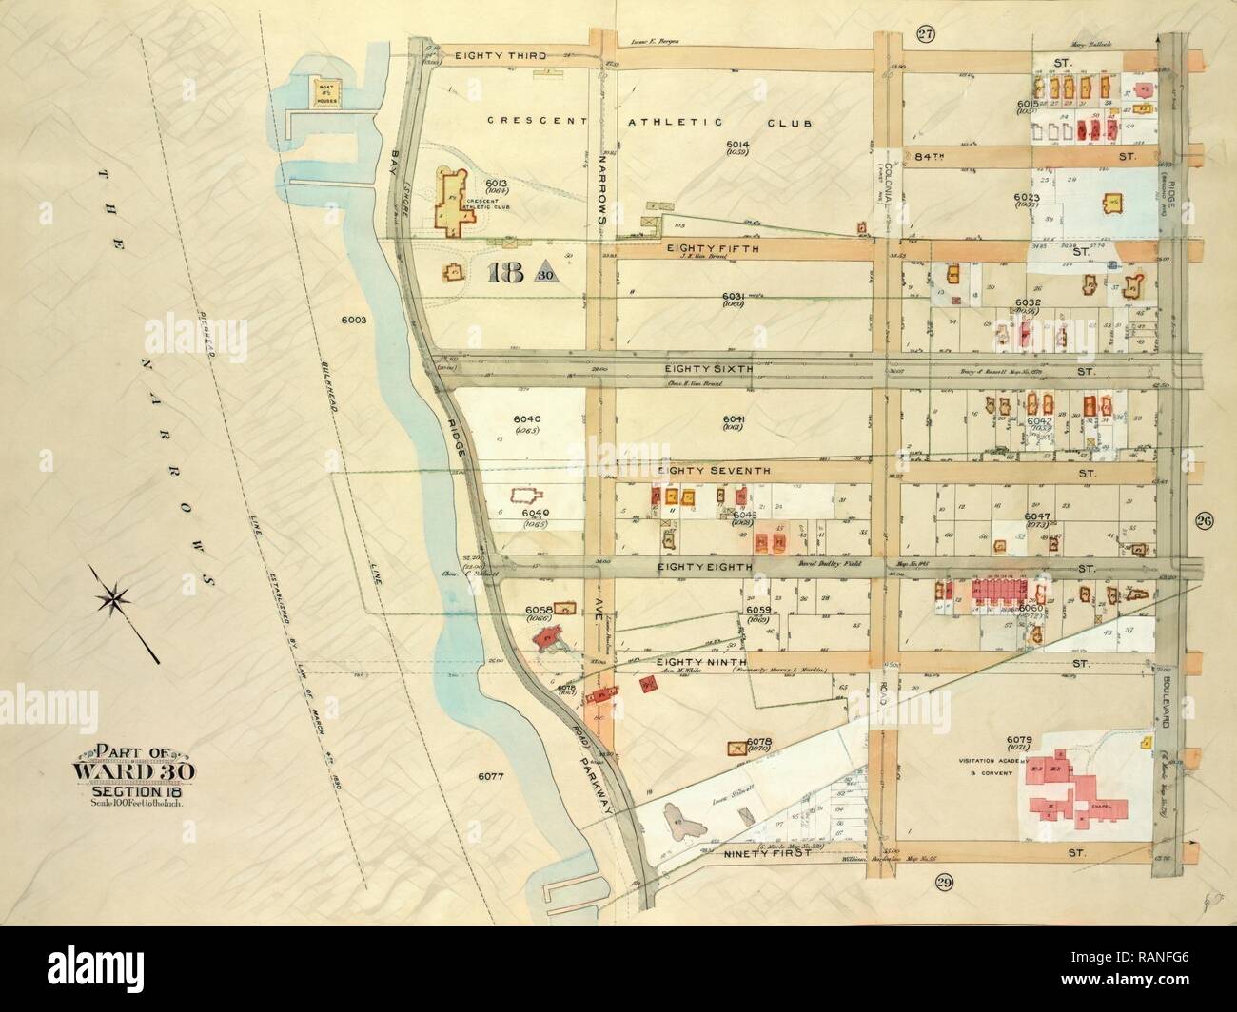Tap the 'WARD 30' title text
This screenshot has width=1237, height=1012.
(x=134, y=770)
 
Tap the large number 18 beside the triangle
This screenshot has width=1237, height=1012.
(x=505, y=274)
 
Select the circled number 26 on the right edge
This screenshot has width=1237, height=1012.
(x=1205, y=519)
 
